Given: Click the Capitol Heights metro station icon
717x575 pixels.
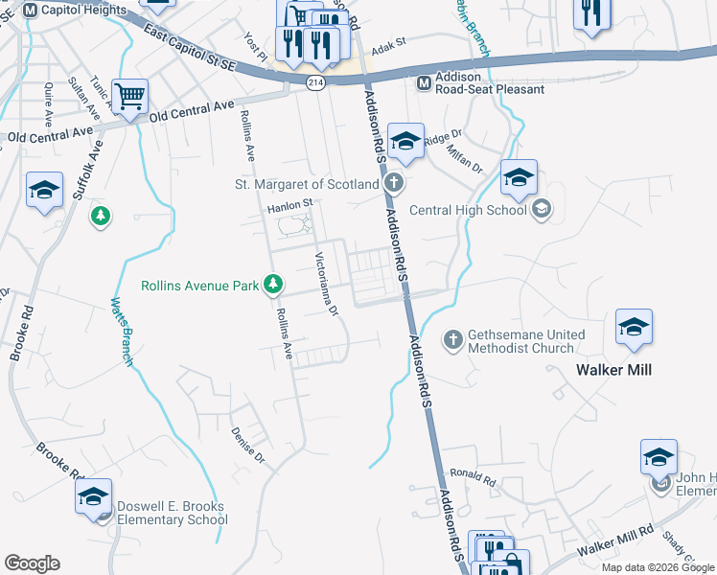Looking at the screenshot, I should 30,10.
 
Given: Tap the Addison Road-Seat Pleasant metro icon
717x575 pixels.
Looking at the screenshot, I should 423,82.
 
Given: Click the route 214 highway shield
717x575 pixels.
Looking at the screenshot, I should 314,84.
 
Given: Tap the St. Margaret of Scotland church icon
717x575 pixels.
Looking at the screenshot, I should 392,183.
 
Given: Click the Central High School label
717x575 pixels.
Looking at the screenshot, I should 468,210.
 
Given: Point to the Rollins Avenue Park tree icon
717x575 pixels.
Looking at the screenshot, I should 274,285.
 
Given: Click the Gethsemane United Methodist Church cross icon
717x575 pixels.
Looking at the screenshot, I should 452,339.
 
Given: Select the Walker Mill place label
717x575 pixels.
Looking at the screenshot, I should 613,369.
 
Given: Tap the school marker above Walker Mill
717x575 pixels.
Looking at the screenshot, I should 634,328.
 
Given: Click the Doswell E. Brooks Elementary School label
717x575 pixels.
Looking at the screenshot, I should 172,513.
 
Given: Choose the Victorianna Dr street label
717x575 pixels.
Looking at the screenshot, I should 327,284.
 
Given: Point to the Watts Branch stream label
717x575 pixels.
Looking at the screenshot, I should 121,332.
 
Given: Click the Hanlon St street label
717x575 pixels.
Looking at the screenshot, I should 290,203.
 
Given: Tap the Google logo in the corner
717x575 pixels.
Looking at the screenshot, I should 32,563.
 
